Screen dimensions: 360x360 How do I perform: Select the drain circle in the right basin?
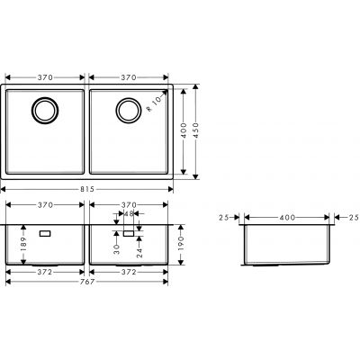[x=127, y=111]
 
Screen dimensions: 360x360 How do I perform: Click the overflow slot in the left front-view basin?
[x=45, y=232]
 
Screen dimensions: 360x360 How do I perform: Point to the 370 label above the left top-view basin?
[x=44, y=78]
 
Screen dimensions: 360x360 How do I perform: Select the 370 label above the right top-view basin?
[x=129, y=78]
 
